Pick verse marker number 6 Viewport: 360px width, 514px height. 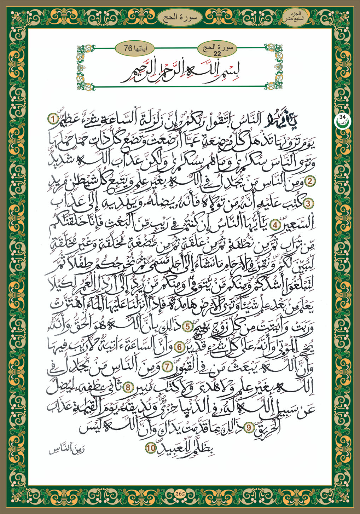tap(180, 347)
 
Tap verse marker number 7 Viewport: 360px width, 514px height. tap(166, 367)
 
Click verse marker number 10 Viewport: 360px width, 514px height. tap(150, 447)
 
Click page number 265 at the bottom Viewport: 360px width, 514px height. tap(180, 494)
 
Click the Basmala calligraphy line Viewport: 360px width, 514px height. tap(180, 72)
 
